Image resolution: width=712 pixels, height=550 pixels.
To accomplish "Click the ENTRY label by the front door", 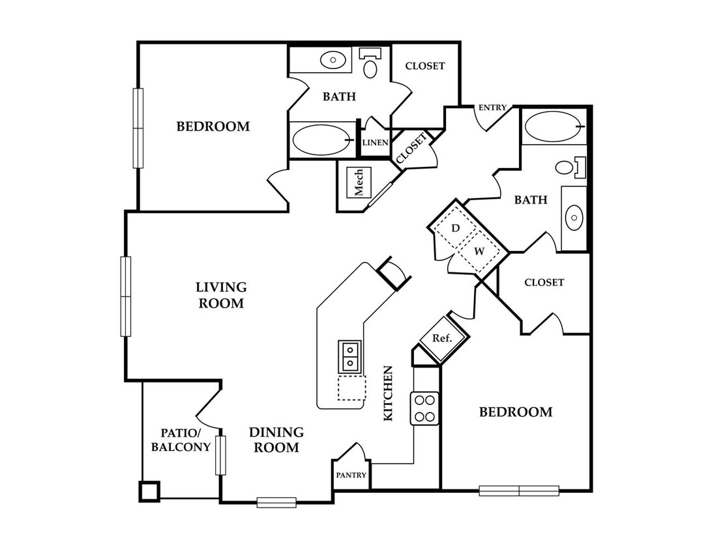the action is point(492,108).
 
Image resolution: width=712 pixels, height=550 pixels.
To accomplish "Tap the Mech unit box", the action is point(359,182).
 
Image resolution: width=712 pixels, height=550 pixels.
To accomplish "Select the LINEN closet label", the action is point(376,143).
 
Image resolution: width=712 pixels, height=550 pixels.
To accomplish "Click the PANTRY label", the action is point(351,475).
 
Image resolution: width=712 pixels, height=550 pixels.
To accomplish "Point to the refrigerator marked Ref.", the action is point(443,338).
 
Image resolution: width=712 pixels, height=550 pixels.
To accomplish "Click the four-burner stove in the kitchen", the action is point(425,409).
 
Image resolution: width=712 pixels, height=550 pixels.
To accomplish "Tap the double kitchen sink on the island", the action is point(349,356).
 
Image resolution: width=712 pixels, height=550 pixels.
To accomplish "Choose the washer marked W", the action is point(479,251).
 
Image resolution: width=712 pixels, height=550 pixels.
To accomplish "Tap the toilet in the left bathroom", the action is point(370,63).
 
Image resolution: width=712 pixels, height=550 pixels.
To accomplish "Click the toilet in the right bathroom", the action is point(571,167).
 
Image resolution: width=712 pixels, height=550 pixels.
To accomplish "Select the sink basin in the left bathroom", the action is point(333,60).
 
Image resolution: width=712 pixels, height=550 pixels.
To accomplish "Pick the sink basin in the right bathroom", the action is point(574,218).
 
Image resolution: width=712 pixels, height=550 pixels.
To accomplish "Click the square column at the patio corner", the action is point(149,491).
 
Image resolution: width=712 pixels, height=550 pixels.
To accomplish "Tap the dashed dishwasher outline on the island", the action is point(352,388).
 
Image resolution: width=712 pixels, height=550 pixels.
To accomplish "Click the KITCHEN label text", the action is point(388,393).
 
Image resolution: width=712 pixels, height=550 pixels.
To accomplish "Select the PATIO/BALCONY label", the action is point(181,440).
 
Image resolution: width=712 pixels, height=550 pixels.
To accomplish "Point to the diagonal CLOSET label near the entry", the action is point(411,149).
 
